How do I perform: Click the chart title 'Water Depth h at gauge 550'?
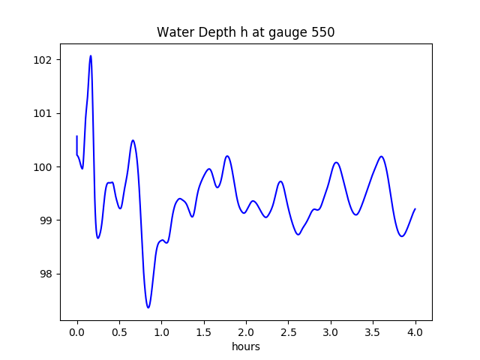245,32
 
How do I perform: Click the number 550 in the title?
322,32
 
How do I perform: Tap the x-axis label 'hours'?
245,347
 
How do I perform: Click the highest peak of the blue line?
91,55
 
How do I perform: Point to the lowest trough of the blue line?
148,307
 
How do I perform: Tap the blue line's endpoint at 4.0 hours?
415,209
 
